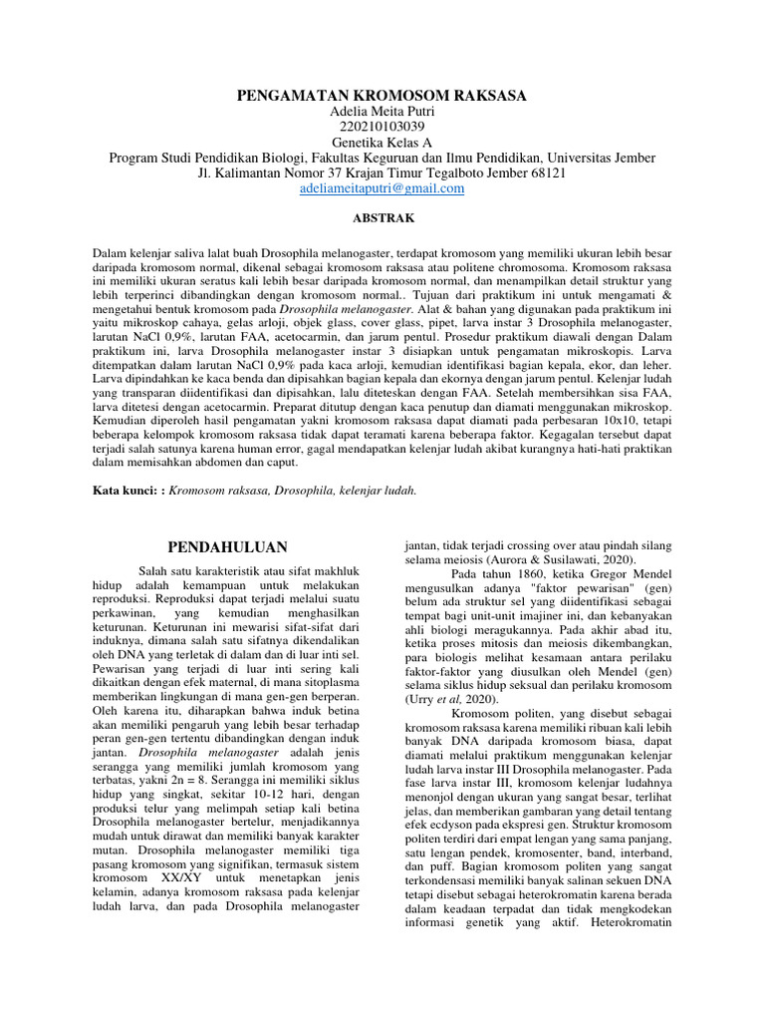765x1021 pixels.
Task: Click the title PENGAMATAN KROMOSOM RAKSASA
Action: pyautogui.click(x=382, y=96)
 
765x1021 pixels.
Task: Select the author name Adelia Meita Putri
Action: pyautogui.click(x=382, y=112)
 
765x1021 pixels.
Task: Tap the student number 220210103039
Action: pyautogui.click(x=382, y=127)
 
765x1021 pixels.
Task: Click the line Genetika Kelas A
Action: pyautogui.click(x=382, y=142)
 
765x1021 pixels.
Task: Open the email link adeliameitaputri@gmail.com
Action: pyautogui.click(x=382, y=187)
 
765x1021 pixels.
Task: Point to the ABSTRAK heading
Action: pyautogui.click(x=382, y=216)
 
